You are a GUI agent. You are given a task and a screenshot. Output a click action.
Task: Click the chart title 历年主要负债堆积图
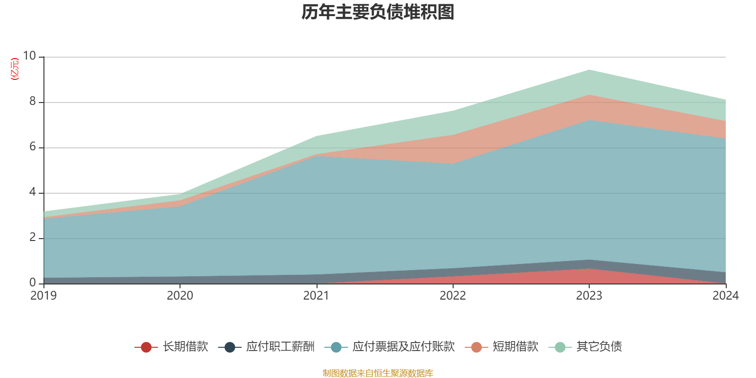378,12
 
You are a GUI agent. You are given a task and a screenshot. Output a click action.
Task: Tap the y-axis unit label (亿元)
15,69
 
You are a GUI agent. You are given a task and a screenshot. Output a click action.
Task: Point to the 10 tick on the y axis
29,56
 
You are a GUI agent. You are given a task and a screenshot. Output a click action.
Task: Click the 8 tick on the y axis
33,101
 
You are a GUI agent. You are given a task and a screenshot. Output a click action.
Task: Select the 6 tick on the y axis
33,146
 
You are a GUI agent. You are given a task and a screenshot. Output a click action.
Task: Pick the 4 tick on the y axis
33,192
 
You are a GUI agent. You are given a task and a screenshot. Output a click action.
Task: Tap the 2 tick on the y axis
33,237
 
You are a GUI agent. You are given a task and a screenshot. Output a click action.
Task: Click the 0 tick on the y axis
33,283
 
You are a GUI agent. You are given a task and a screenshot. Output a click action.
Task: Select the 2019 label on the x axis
43,296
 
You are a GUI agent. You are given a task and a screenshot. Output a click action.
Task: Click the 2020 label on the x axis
180,296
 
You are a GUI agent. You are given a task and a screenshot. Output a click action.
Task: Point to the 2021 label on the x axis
316,296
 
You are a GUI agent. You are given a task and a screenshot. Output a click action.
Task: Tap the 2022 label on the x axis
453,296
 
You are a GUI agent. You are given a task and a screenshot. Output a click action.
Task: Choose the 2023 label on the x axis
589,296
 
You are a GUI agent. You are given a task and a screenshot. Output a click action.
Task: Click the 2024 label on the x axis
725,296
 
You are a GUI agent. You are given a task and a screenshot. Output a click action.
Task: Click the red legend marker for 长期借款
146,347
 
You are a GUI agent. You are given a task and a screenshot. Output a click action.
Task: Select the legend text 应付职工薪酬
280,347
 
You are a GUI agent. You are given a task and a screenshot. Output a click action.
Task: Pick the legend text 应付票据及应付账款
403,347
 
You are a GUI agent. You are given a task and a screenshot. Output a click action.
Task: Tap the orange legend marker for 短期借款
476,347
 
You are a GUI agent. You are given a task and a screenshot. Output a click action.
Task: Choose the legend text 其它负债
599,347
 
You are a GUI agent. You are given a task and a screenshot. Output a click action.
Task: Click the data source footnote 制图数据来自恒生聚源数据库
378,373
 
